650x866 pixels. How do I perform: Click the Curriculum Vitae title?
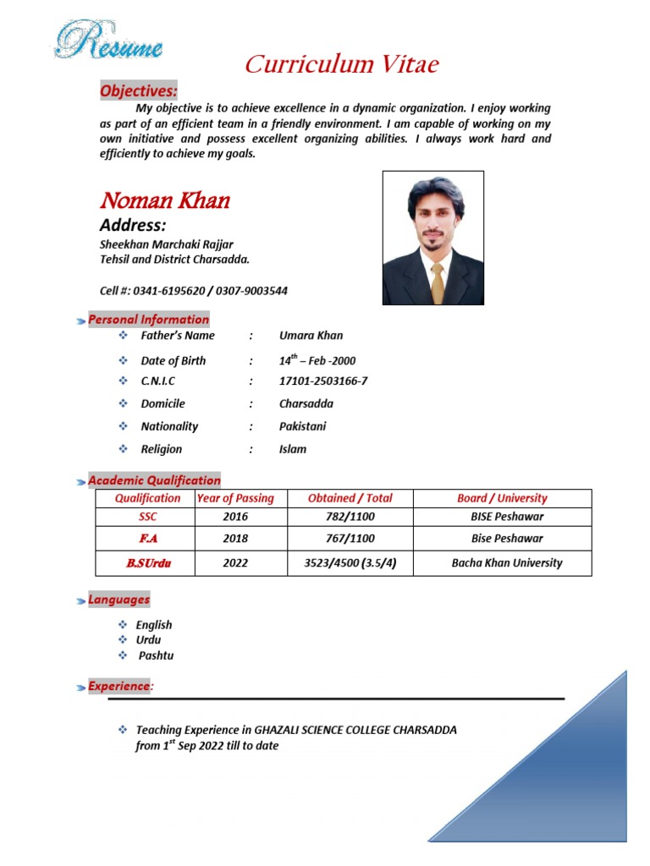[x=342, y=64]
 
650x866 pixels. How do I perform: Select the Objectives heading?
[x=139, y=90]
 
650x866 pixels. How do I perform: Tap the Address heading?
[x=133, y=225]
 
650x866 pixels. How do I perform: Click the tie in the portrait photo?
[x=438, y=282]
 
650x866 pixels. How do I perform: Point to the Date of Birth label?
[x=173, y=360]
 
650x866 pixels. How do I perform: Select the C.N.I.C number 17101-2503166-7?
[x=323, y=381]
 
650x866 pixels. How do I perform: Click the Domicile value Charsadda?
[x=306, y=404]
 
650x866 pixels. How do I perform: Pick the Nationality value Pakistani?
[x=302, y=427]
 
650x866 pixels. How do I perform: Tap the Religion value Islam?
[x=293, y=450]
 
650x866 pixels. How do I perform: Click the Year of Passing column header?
[x=235, y=499]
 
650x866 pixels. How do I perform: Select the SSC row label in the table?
[x=147, y=517]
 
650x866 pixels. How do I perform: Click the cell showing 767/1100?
[x=350, y=539]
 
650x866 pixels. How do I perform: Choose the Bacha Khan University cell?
[x=506, y=562]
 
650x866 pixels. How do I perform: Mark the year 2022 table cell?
[x=235, y=562]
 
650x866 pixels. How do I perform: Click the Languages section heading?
[x=118, y=600]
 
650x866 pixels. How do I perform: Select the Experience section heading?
[x=118, y=687]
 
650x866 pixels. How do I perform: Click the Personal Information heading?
[x=148, y=320]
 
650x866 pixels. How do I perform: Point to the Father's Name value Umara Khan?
[x=311, y=336]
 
